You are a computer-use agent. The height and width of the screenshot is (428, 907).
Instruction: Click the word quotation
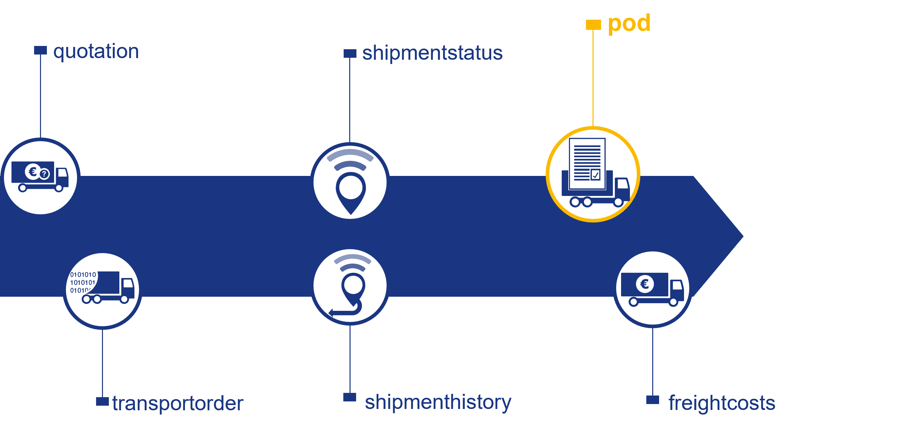[96, 52]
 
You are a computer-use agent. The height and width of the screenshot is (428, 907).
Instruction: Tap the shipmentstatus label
[432, 53]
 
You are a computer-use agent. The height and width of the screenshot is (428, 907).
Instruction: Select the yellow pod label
[629, 23]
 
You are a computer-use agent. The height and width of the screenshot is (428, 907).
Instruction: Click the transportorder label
[177, 403]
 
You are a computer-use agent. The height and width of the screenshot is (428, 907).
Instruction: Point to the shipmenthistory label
[438, 402]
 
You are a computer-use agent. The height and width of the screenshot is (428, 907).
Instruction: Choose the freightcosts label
[721, 403]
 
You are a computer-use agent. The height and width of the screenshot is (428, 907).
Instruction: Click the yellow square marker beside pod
[593, 25]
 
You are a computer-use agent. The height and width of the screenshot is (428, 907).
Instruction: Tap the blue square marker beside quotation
[40, 50]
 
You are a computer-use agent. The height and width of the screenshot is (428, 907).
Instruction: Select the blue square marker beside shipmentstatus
[350, 53]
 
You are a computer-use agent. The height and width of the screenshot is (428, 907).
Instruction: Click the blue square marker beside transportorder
[102, 401]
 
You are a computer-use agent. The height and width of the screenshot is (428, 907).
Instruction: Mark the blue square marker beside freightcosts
[653, 399]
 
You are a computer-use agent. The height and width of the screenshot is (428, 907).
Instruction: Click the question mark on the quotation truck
[44, 174]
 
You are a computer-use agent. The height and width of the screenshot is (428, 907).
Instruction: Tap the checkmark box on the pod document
[595, 175]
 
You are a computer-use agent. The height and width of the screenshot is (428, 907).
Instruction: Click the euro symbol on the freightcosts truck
[645, 284]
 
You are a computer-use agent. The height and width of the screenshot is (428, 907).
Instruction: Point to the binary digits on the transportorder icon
[83, 282]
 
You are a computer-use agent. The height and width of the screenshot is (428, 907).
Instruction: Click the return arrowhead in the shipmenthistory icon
[331, 312]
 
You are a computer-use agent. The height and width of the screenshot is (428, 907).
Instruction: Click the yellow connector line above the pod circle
[593, 77]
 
